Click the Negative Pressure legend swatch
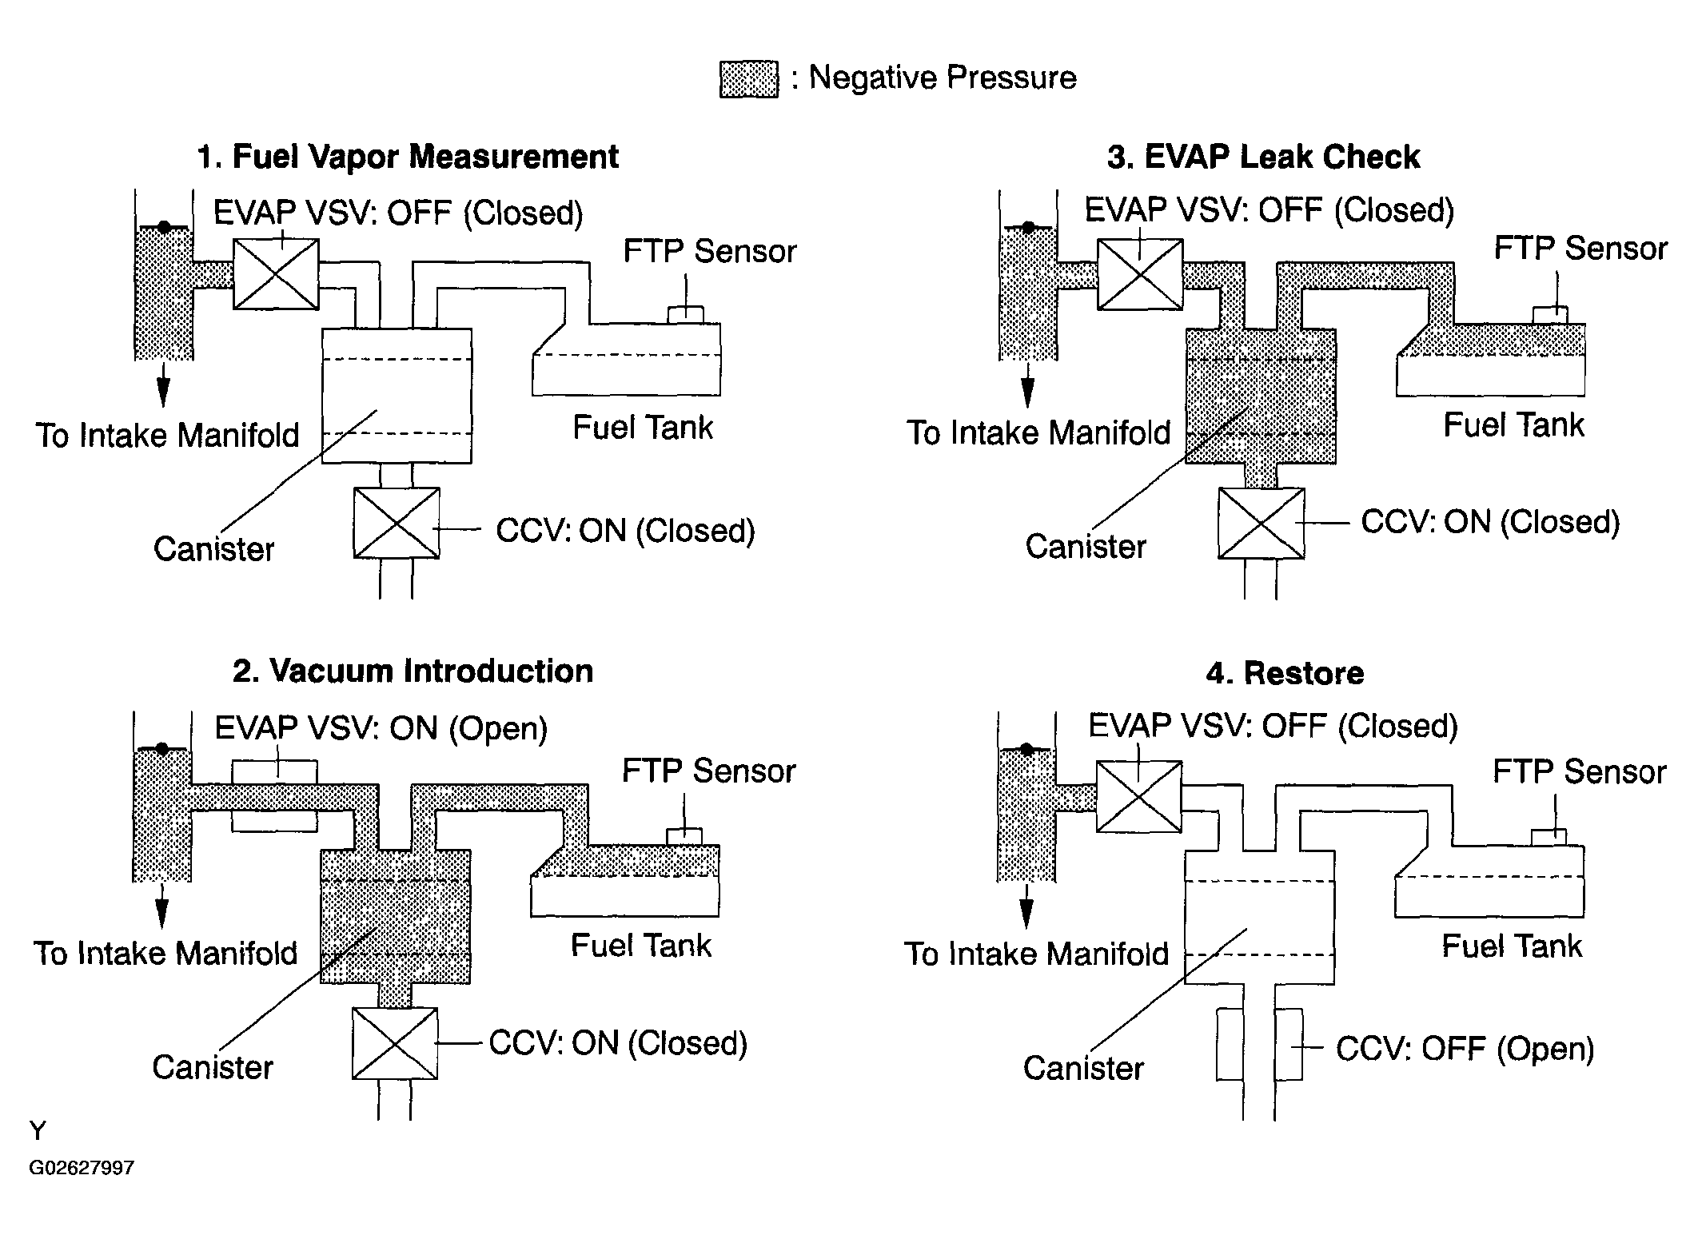(748, 79)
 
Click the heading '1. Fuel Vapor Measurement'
(408, 157)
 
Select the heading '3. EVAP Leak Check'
(1263, 157)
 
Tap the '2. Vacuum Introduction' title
(413, 671)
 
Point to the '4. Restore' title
(1285, 673)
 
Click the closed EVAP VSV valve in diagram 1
(276, 273)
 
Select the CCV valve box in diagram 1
(397, 523)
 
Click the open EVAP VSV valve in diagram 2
(274, 796)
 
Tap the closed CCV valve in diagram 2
(395, 1043)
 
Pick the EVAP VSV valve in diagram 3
(1140, 273)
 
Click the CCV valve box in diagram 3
(1261, 524)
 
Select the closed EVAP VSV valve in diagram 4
(1138, 796)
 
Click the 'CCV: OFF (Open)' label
(1465, 1049)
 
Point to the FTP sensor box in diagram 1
(686, 315)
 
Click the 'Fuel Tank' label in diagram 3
(1513, 425)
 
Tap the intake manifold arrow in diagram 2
(161, 905)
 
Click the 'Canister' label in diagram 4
(1083, 1068)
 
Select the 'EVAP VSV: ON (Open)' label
(381, 728)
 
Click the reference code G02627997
(82, 1168)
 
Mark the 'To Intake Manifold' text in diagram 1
(167, 436)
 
